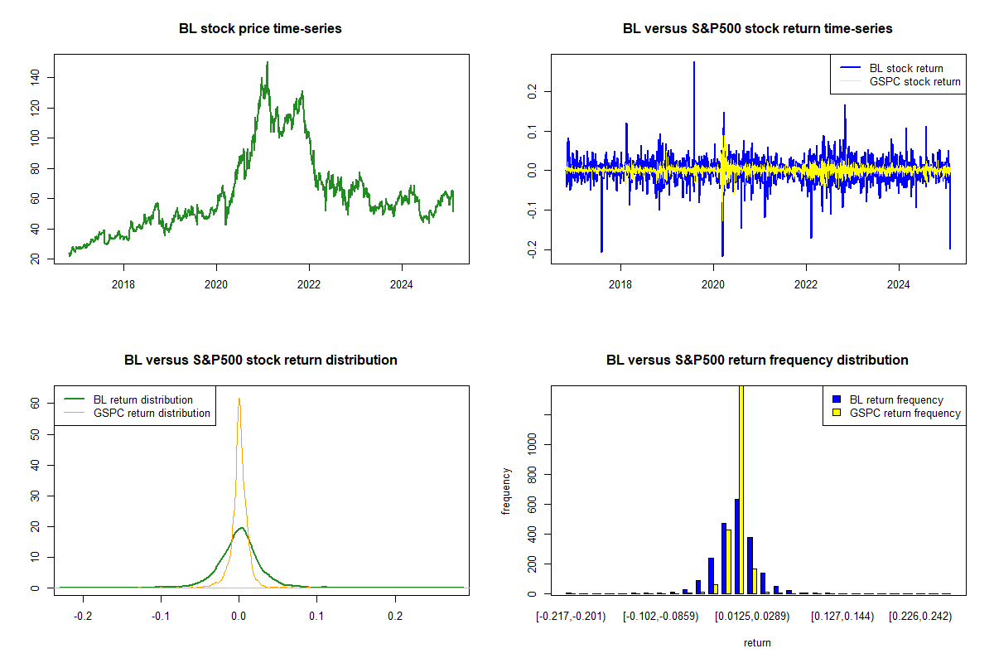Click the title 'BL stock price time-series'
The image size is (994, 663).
click(260, 29)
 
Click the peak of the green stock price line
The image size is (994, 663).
click(267, 63)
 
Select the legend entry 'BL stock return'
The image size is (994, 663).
click(905, 68)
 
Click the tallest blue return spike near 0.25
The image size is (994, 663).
click(694, 63)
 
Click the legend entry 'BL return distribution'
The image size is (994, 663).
click(142, 399)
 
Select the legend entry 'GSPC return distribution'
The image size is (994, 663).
click(152, 413)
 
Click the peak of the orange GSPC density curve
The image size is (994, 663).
click(239, 399)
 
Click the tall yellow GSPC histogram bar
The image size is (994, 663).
click(741, 497)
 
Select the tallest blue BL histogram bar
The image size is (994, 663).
click(736, 546)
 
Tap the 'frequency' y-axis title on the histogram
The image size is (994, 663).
click(508, 491)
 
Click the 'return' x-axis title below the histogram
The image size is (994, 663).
click(757, 642)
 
